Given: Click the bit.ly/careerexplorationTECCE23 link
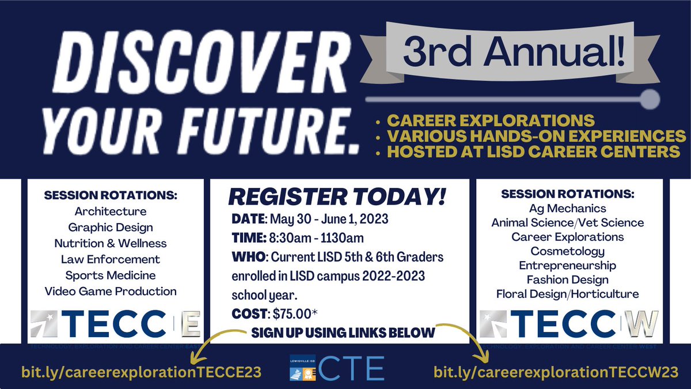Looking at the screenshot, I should click(142, 371).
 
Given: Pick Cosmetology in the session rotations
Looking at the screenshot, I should click(567, 251).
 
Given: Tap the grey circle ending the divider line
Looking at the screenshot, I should click(650, 100).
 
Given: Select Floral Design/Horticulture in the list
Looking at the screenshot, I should click(567, 294).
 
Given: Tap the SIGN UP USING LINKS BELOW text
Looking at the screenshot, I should click(343, 333).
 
